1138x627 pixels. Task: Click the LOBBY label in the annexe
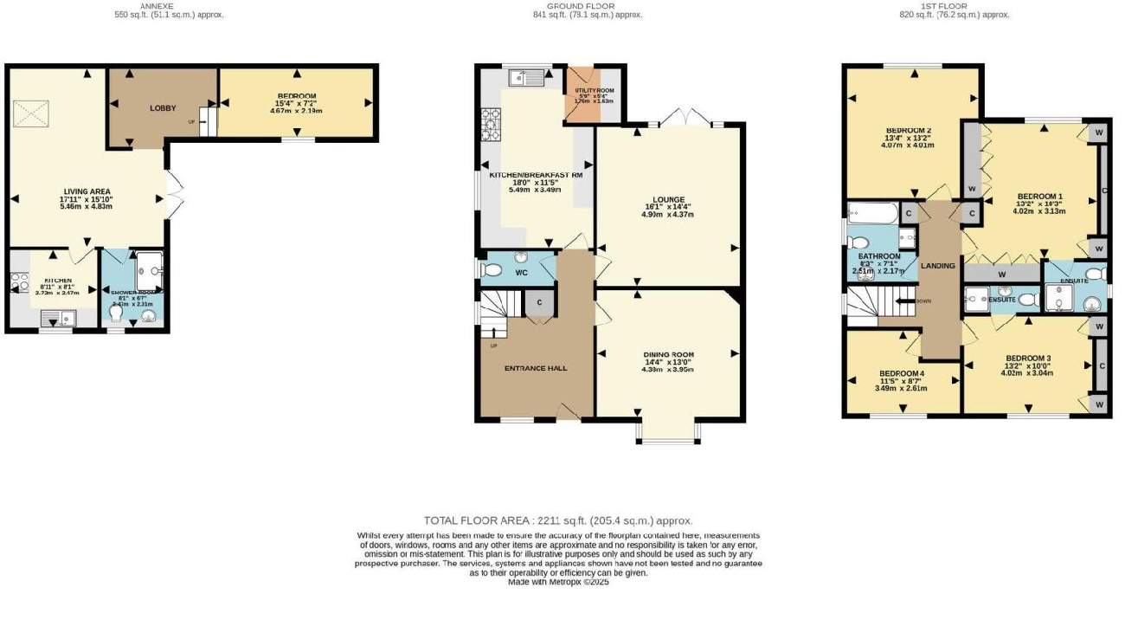click(x=163, y=108)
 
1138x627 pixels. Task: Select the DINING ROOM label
click(x=669, y=355)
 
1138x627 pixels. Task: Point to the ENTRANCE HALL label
click(x=536, y=368)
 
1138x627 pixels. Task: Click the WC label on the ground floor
click(x=521, y=273)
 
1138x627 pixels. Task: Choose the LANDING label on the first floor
click(x=938, y=266)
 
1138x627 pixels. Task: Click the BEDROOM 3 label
click(x=1028, y=359)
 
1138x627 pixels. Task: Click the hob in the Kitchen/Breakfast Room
click(x=490, y=125)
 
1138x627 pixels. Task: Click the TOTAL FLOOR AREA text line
click(x=558, y=520)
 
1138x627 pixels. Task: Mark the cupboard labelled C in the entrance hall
click(x=539, y=303)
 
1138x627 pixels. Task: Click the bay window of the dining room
click(x=667, y=433)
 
